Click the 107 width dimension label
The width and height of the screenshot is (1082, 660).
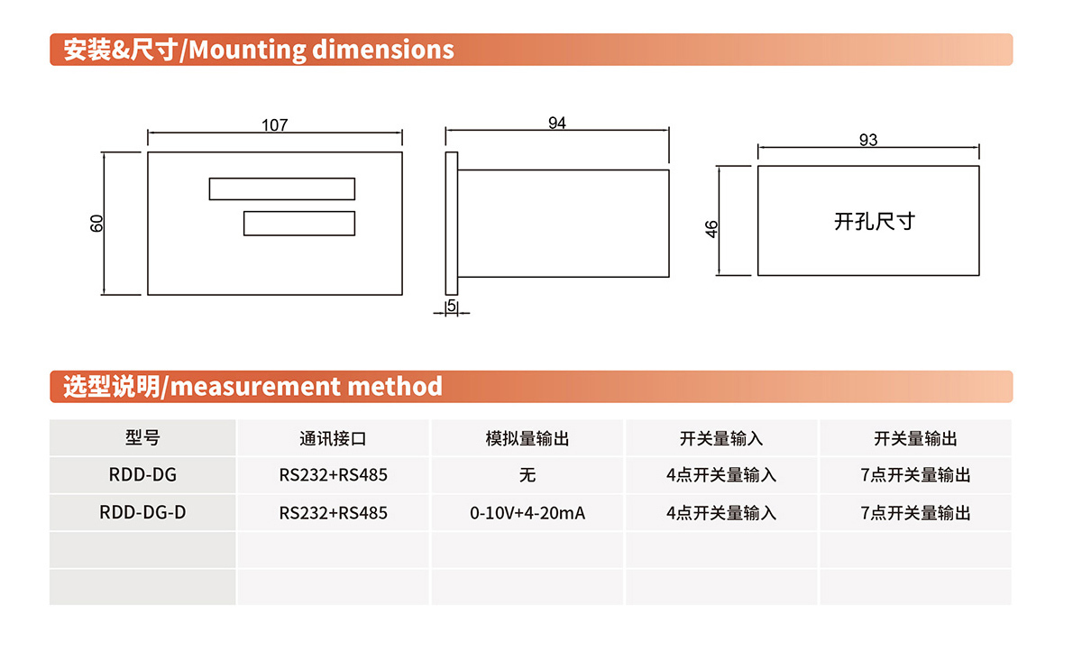click(274, 125)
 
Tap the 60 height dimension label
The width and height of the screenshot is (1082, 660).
click(96, 224)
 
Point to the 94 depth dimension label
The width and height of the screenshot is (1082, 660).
click(557, 123)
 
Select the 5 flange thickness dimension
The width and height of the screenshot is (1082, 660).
click(452, 306)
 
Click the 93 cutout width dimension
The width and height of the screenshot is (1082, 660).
click(868, 140)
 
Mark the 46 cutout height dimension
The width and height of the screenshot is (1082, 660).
click(711, 229)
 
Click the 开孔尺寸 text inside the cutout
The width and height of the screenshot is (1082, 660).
click(875, 221)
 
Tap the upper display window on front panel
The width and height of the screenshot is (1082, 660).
click(282, 189)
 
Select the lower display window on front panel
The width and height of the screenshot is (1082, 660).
click(299, 224)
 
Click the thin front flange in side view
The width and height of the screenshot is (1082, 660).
click(452, 224)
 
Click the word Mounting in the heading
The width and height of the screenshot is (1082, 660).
click(247, 50)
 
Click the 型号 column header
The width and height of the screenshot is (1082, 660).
click(142, 437)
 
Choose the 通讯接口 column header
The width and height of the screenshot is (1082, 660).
click(333, 439)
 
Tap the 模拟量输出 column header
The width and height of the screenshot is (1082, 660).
click(527, 439)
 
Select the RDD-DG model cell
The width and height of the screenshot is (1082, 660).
click(142, 474)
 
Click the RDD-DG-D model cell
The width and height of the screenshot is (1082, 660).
click(142, 512)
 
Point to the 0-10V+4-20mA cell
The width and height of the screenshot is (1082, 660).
click(527, 513)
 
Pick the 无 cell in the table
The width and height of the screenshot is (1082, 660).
click(527, 475)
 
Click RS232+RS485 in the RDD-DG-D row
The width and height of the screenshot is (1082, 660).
click(333, 513)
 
